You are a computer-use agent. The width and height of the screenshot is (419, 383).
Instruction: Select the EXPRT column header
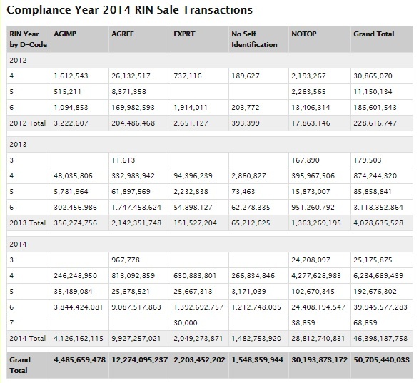click(185, 34)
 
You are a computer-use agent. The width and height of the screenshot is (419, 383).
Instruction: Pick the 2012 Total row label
click(27, 123)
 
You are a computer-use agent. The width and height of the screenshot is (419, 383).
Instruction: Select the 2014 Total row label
click(27, 337)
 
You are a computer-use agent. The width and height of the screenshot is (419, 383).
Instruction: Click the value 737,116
click(189, 74)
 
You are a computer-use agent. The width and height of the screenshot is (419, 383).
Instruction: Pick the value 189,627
click(246, 74)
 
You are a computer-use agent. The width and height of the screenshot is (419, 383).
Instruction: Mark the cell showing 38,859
click(304, 322)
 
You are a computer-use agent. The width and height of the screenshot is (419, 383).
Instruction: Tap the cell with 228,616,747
click(375, 123)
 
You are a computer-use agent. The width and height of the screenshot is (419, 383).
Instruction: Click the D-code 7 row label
click(13, 322)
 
